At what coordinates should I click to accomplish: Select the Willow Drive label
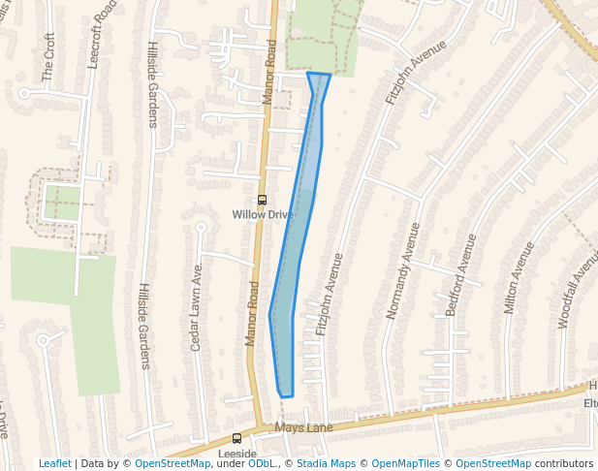point(263,214)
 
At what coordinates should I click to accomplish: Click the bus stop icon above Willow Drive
point(262,200)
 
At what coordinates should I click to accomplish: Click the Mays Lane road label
point(303,427)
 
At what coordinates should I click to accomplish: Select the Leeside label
point(236,454)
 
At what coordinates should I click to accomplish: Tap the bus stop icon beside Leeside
point(236,438)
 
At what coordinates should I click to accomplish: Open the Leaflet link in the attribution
point(54,464)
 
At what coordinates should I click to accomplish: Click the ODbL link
point(263,464)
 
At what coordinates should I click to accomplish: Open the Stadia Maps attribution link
point(324,464)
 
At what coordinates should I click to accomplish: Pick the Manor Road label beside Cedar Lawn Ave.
point(252,313)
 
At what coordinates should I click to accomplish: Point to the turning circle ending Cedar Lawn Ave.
point(202,227)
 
